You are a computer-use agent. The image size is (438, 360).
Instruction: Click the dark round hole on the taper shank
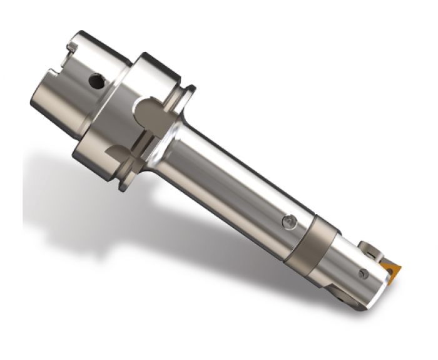tap(95, 81)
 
